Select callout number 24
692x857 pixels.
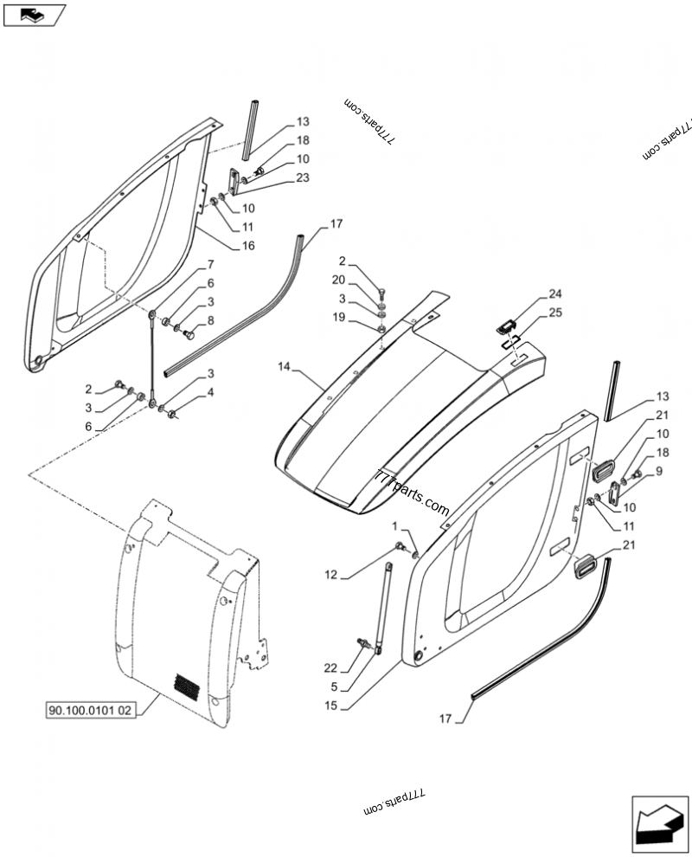point(554,294)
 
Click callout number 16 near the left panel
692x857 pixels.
point(248,246)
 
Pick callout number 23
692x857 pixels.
point(278,178)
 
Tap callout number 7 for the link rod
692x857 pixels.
point(209,265)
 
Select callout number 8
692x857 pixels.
point(209,319)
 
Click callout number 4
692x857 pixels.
point(209,392)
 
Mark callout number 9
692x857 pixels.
point(659,471)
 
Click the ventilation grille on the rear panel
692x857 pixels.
point(186,686)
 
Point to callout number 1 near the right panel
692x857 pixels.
point(395,525)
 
